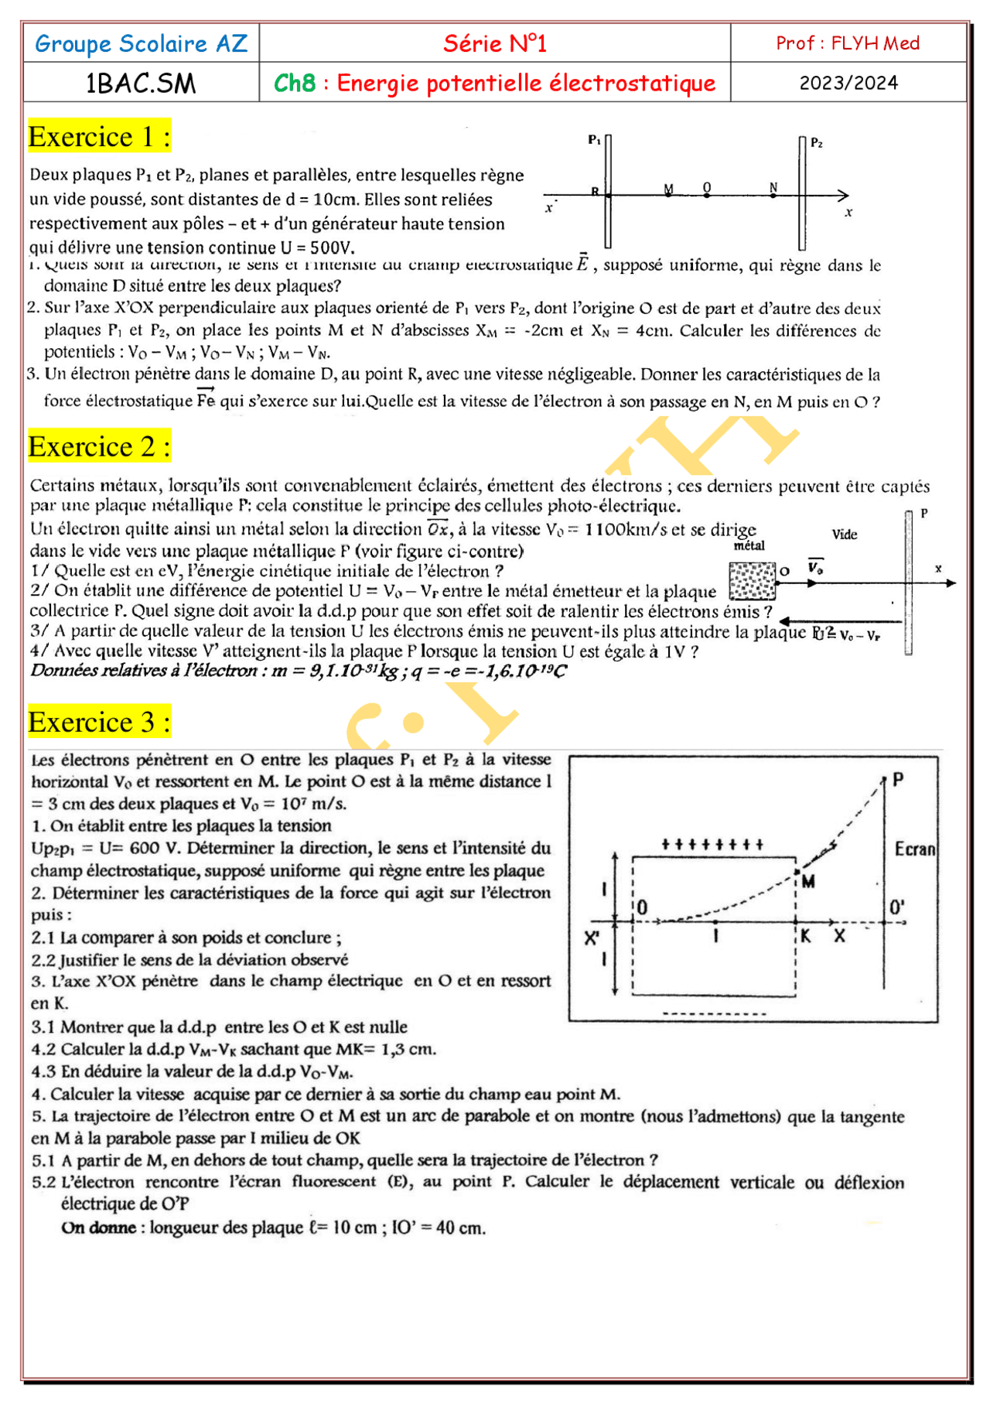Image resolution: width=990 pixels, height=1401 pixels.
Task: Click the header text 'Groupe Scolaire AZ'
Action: pos(141,43)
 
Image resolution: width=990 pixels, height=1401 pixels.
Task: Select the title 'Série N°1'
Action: pos(495,43)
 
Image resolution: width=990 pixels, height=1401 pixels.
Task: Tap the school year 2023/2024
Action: pos(848,83)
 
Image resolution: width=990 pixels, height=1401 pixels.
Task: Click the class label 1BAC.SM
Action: pos(141,84)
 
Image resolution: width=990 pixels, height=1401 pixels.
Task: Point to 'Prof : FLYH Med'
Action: pos(848,43)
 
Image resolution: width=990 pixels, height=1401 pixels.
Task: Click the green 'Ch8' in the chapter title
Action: pos(295,83)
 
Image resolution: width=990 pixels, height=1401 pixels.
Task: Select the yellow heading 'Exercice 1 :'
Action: pos(99,137)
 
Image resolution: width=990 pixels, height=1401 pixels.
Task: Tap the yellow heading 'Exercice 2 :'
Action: pos(99,447)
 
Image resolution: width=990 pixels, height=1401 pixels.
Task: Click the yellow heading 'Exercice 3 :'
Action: pos(99,723)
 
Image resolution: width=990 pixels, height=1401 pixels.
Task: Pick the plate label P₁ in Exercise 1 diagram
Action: pos(594,140)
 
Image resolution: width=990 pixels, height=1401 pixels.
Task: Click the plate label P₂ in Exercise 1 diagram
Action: pos(817,143)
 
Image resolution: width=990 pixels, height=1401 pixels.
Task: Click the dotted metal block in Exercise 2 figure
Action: pos(752,581)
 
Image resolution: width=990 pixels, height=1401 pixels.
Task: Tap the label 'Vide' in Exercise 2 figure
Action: pos(845,535)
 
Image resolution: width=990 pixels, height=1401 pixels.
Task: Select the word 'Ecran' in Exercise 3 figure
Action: pos(915,849)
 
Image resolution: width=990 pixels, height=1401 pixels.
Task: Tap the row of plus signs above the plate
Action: pos(712,844)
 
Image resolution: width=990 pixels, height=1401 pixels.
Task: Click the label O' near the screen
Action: pos(896,907)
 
